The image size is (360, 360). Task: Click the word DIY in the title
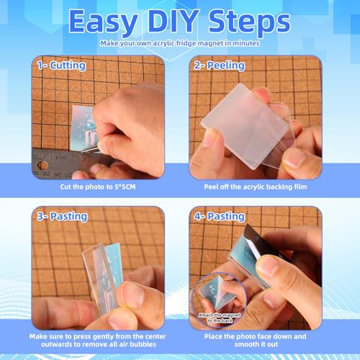pos(174,21)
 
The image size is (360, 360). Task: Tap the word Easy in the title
pos(104,23)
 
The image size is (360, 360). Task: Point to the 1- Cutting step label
pos(61,66)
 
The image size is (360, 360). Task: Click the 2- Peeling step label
pos(220,66)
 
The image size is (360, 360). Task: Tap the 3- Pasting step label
pos(62,217)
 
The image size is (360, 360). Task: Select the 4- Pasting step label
pos(220,217)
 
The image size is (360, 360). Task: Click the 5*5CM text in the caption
pos(125,186)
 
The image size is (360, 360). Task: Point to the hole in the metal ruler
pos(43,166)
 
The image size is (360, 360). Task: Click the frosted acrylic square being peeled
pos(245,126)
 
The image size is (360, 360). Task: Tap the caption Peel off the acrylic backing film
pos(256,186)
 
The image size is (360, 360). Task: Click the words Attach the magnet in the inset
pos(220,315)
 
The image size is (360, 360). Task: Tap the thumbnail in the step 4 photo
pos(219,299)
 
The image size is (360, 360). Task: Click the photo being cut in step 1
pos(83,127)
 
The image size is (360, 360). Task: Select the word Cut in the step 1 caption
pos(66,186)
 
